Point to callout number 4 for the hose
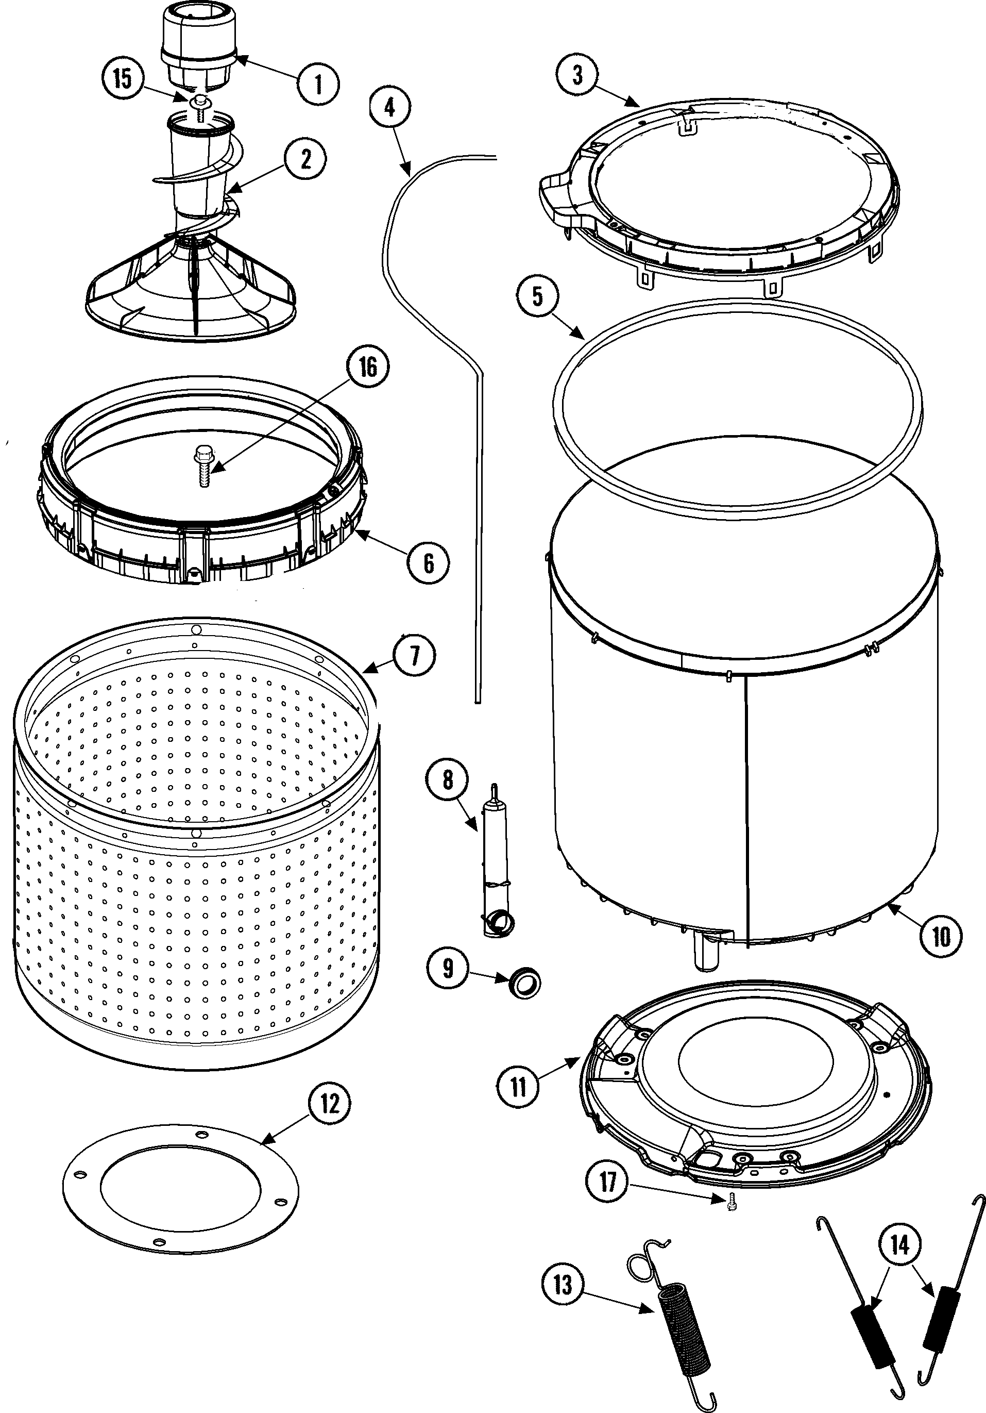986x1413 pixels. coord(389,107)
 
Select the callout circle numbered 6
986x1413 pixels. coord(428,562)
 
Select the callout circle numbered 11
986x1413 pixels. coord(519,1086)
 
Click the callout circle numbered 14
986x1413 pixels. coord(899,1245)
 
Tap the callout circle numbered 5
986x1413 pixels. coord(538,296)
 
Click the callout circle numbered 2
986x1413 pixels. coord(305,159)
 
